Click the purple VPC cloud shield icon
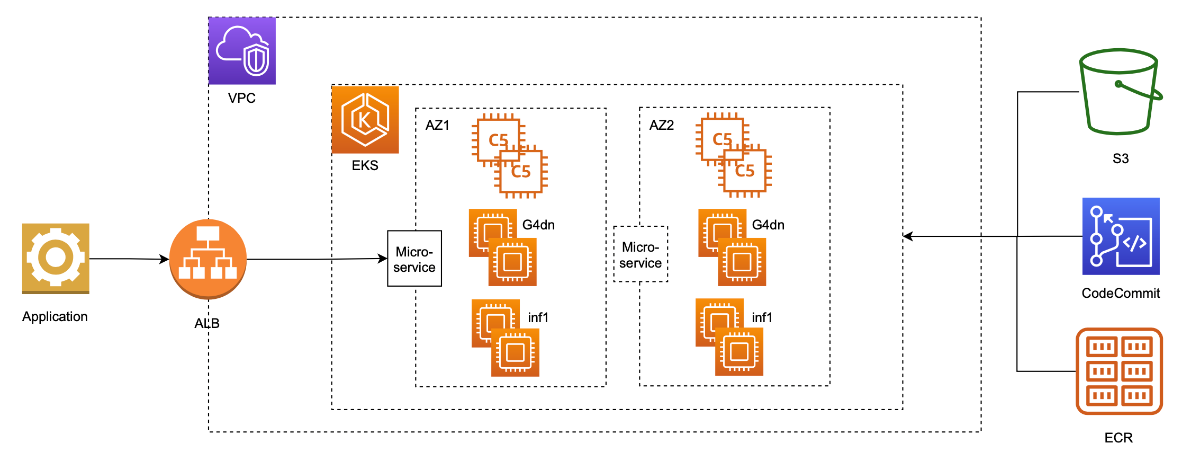pos(242,51)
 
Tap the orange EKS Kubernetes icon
pos(365,120)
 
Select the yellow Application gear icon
pos(56,258)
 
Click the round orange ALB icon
pos(208,259)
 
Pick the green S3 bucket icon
pos(1119,92)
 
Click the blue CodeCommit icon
pos(1121,236)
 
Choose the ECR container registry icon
pos(1119,371)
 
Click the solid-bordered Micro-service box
pos(414,259)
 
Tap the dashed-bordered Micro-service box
pos(640,254)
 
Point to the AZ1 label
pos(437,126)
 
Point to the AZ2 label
pos(661,126)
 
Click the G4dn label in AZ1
pos(538,225)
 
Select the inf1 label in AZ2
pos(762,317)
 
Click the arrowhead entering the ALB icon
pos(165,259)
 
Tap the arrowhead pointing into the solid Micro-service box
pos(383,259)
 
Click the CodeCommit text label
pos(1120,293)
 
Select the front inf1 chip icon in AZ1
pos(515,352)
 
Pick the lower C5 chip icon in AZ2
pos(744,171)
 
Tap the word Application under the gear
pos(55,317)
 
